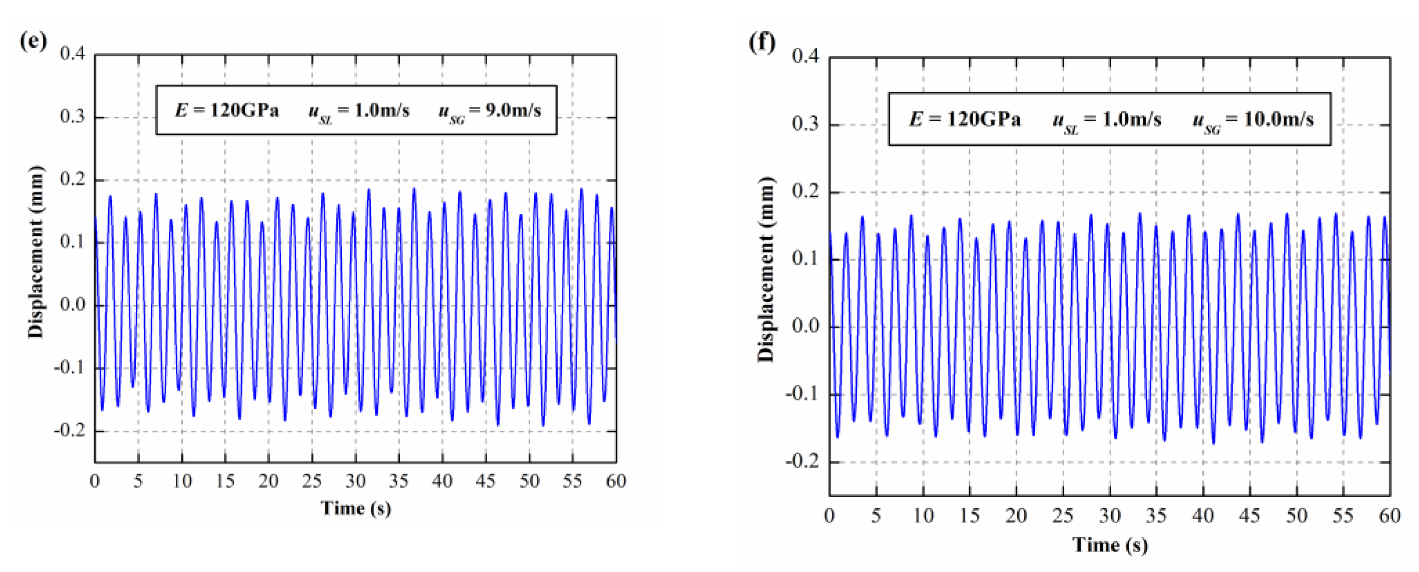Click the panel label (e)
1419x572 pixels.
(x=33, y=41)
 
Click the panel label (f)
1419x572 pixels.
(x=762, y=42)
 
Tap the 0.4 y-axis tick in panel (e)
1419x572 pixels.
(x=73, y=55)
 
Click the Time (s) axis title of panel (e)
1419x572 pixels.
(x=355, y=508)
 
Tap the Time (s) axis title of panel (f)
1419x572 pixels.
(x=1109, y=545)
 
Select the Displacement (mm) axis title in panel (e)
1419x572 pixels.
(x=36, y=252)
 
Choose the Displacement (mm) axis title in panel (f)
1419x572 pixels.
(x=766, y=270)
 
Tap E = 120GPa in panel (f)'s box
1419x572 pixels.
(x=964, y=119)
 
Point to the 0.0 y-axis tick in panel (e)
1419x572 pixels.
(x=73, y=305)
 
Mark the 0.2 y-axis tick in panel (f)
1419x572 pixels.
(x=805, y=192)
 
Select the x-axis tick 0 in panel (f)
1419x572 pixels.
(x=829, y=516)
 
